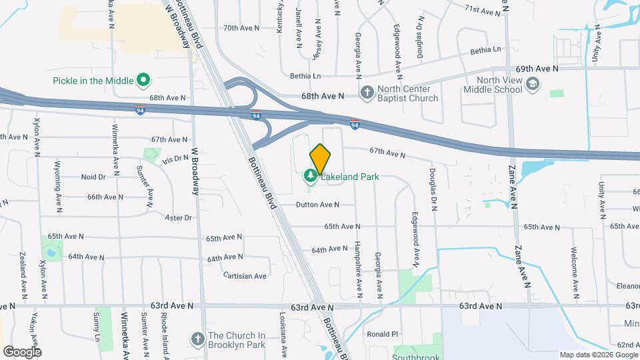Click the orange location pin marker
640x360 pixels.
coord(321,158)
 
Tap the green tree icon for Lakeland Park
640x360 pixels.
coord(310,176)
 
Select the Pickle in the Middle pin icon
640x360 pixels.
coord(143,81)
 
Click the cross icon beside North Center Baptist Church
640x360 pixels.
coord(367,93)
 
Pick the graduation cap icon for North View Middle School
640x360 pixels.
coord(532,83)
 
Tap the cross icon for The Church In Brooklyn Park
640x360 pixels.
coord(197,339)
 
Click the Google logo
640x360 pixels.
coord(21,351)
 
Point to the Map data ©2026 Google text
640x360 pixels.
coord(598,354)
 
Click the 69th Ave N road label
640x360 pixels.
coord(536,69)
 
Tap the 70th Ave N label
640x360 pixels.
coord(239,28)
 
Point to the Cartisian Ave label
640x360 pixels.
coord(245,275)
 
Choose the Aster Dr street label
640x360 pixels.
coord(178,217)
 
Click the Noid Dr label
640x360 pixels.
coord(93,177)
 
